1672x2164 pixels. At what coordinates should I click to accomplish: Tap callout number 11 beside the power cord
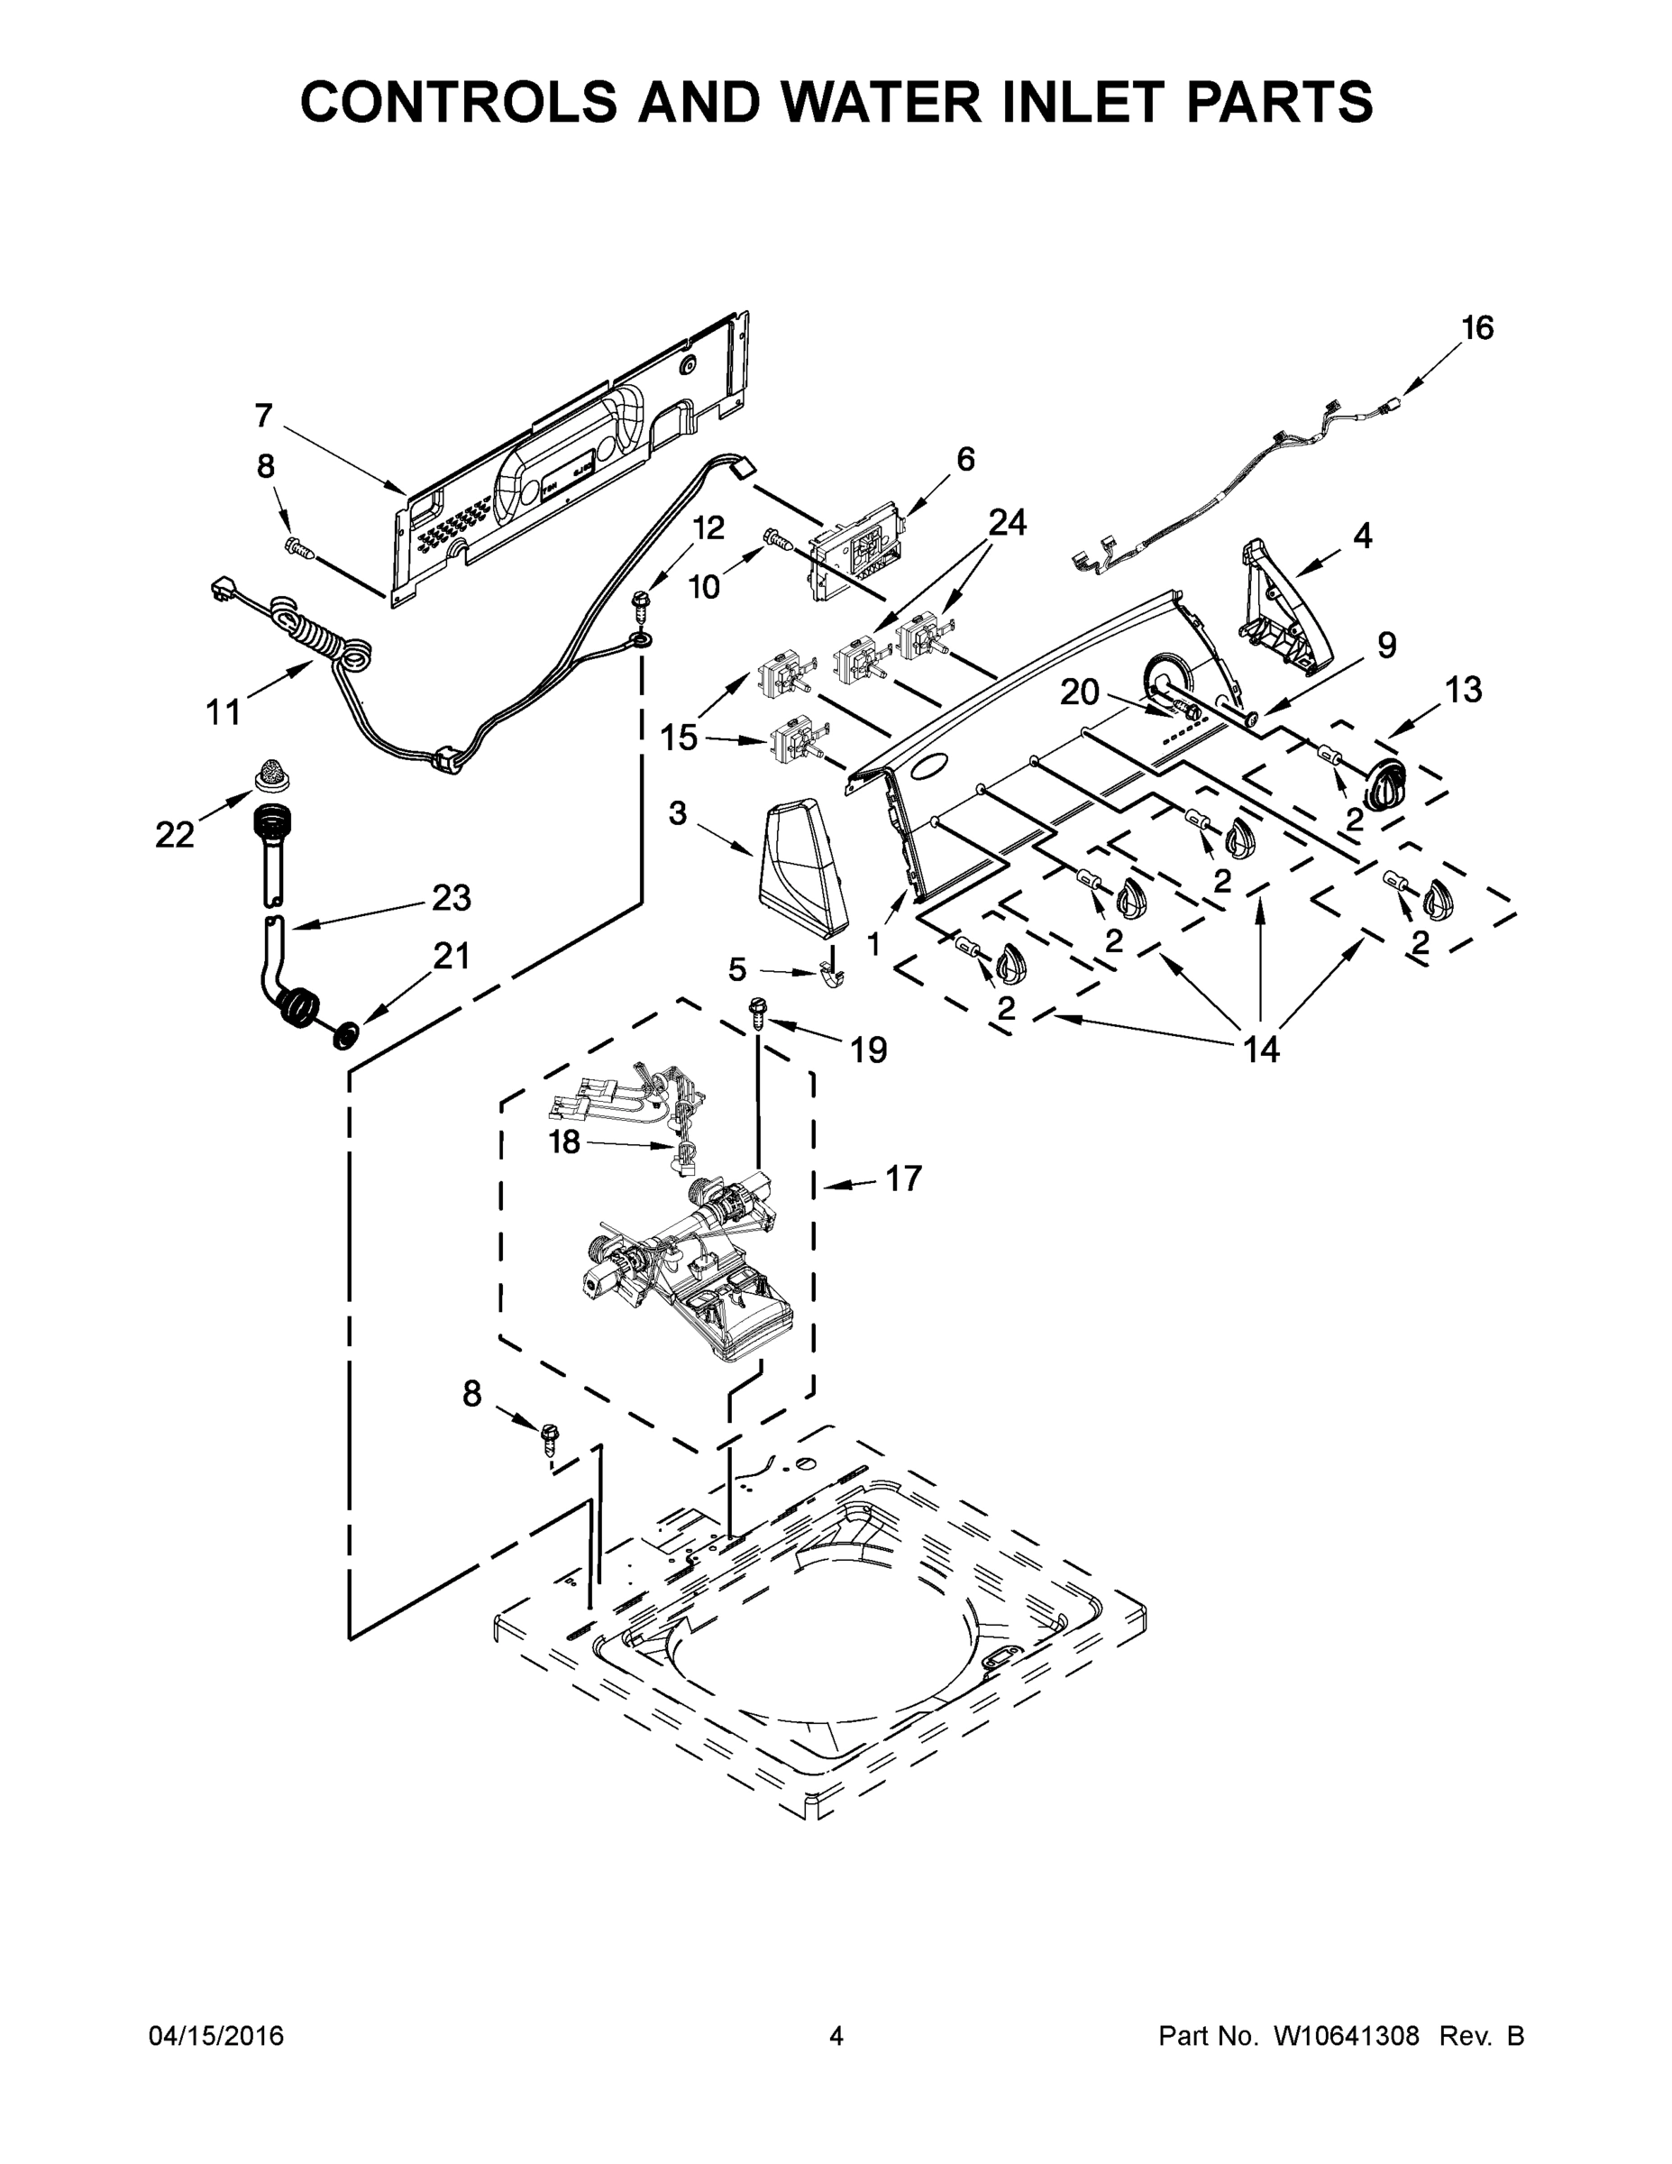224,711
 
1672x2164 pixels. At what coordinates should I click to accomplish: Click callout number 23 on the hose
451,898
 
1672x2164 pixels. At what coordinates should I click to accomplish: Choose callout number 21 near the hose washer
451,955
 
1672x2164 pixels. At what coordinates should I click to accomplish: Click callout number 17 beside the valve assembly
903,1178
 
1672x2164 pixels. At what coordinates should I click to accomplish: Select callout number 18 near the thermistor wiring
564,1142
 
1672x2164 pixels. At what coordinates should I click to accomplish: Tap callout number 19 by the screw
869,1050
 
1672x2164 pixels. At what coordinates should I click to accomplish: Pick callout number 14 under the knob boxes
1262,1049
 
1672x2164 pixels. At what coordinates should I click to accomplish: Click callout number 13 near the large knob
1463,690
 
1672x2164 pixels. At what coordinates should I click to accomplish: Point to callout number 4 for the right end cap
1363,536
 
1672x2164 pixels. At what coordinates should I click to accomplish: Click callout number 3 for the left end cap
678,813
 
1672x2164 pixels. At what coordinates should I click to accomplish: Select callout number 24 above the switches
1008,522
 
